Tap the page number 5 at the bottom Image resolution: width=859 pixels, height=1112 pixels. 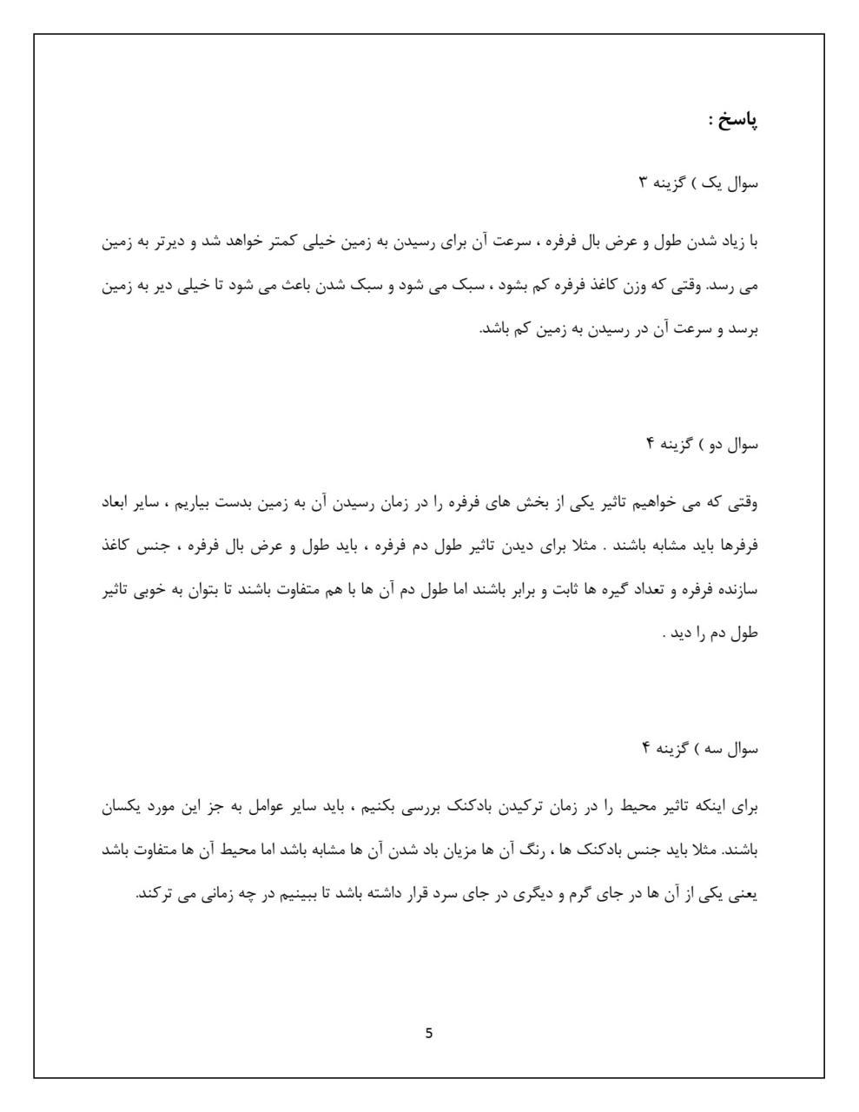coord(429,1033)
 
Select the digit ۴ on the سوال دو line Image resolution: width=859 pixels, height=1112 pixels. coord(648,445)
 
